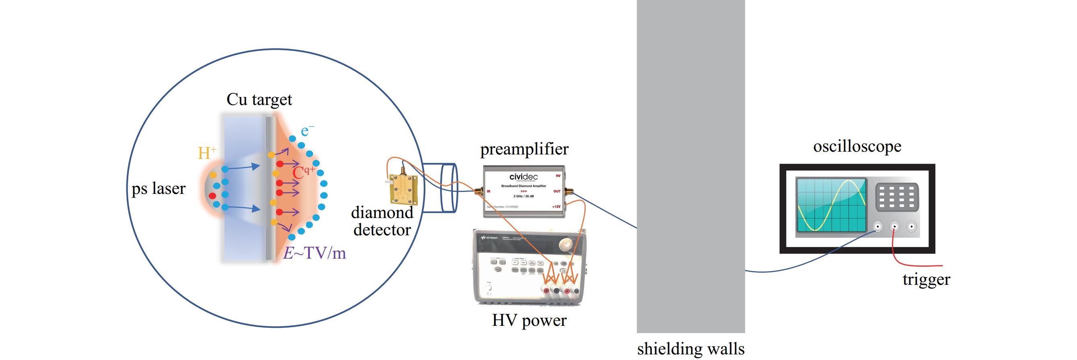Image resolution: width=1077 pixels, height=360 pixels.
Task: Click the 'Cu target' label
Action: tap(259, 100)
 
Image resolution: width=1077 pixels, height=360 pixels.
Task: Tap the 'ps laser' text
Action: tap(159, 189)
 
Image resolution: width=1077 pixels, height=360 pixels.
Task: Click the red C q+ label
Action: tap(303, 172)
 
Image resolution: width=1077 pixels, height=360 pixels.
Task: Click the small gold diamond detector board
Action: tap(404, 187)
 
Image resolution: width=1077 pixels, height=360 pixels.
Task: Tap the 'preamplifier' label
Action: tap(524, 149)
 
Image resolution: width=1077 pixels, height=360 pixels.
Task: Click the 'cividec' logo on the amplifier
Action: tap(523, 177)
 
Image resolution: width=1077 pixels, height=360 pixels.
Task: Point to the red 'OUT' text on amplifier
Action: tap(556, 191)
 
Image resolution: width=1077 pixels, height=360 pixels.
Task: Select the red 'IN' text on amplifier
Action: tap(488, 191)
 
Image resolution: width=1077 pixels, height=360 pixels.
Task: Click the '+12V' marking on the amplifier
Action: tap(556, 207)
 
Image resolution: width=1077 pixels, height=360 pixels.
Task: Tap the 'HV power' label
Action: tap(529, 321)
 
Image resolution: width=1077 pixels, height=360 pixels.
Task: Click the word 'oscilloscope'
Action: tap(857, 147)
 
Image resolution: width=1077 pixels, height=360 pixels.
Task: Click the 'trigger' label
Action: tap(926, 279)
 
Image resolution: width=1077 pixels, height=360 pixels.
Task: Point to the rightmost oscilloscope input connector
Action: tap(911, 227)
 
